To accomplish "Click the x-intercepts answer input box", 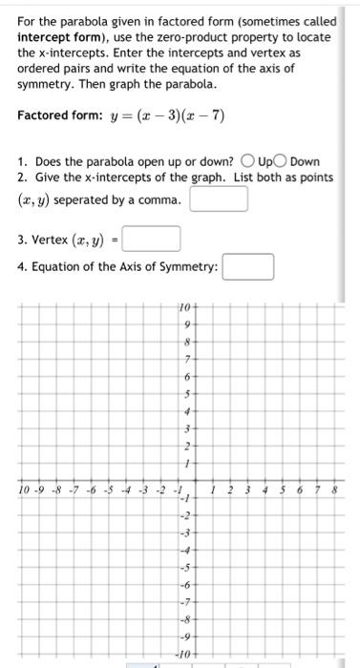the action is point(219,198).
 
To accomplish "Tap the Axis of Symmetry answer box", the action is point(248,266).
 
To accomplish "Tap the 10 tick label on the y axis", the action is point(184,309).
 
